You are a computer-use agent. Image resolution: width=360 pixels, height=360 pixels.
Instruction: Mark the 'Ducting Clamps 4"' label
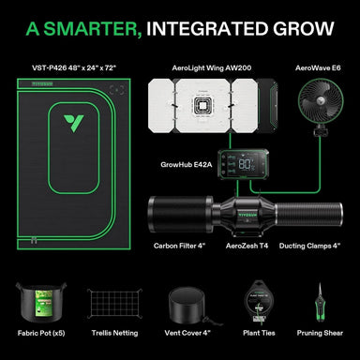pyautogui.click(x=310, y=246)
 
